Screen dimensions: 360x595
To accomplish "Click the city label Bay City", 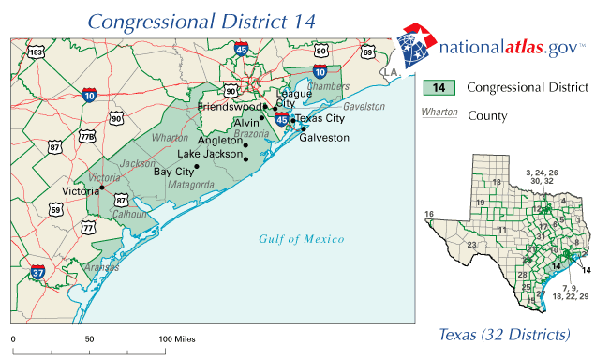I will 172,172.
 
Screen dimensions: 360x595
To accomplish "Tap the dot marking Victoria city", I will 101,188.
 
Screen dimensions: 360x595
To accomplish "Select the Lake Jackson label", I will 210,154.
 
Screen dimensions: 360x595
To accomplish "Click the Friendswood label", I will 231,107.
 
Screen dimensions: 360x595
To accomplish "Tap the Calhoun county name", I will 128,213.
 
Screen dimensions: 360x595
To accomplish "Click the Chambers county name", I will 327,86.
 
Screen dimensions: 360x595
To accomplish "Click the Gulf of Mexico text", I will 301,239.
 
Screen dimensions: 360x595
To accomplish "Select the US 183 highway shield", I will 36,52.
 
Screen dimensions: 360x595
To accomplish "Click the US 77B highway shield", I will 87,137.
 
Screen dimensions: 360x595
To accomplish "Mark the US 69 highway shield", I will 367,52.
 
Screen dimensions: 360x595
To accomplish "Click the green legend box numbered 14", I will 439,88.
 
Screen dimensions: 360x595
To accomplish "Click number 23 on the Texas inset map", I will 472,245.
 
